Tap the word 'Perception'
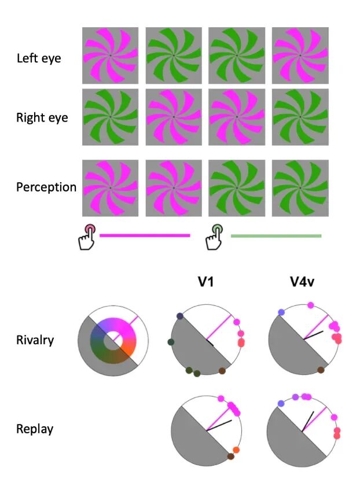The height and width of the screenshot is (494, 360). click(46, 187)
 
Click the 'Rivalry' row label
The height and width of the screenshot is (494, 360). click(35, 340)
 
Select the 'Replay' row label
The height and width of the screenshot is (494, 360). click(35, 429)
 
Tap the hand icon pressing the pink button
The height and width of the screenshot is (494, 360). click(87, 237)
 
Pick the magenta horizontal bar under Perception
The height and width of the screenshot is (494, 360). click(145, 235)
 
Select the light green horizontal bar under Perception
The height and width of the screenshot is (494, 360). click(276, 236)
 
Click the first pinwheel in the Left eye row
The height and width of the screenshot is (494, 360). click(111, 55)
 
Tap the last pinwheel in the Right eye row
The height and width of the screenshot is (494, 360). click(300, 116)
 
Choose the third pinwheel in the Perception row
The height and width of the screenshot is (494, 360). click(237, 187)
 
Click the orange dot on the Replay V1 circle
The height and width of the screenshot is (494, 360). click(236, 450)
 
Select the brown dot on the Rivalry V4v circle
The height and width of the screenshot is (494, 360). click(322, 370)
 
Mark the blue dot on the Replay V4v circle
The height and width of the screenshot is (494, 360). click(281, 403)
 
